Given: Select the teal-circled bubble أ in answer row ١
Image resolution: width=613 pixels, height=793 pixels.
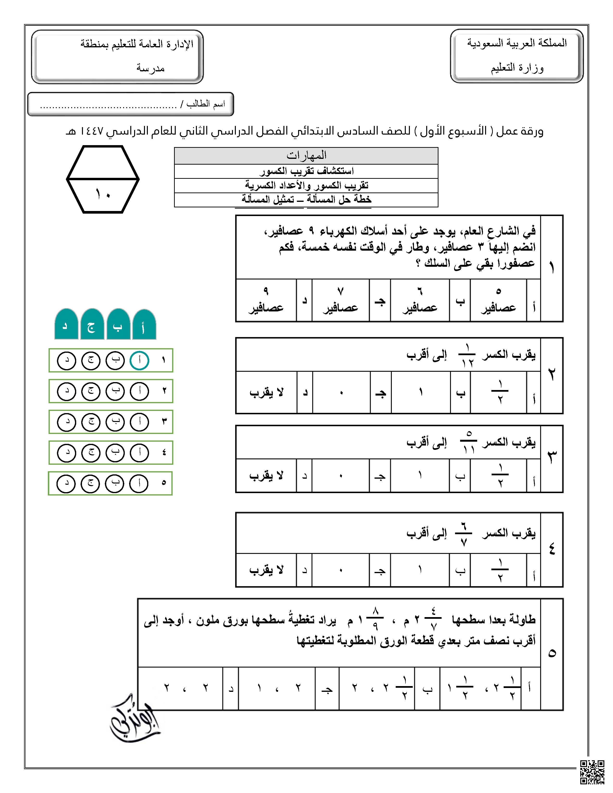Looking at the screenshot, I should [139, 360].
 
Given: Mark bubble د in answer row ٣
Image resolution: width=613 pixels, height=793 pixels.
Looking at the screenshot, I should [66, 422].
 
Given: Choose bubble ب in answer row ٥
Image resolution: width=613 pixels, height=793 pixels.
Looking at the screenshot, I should [115, 483].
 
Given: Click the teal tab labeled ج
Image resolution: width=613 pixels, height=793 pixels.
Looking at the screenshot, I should [92, 325].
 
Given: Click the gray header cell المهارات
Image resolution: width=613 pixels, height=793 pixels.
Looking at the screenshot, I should [306, 156].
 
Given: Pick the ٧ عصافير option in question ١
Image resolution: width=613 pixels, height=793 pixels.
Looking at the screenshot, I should [340, 300].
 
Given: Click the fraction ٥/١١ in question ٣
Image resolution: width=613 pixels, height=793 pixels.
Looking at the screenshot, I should [469, 441].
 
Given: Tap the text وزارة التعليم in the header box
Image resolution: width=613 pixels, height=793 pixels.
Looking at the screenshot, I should [517, 68].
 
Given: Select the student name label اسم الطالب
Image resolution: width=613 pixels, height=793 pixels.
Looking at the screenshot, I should [206, 104].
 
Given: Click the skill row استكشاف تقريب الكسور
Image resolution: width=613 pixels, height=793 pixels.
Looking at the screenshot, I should [306, 171].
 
